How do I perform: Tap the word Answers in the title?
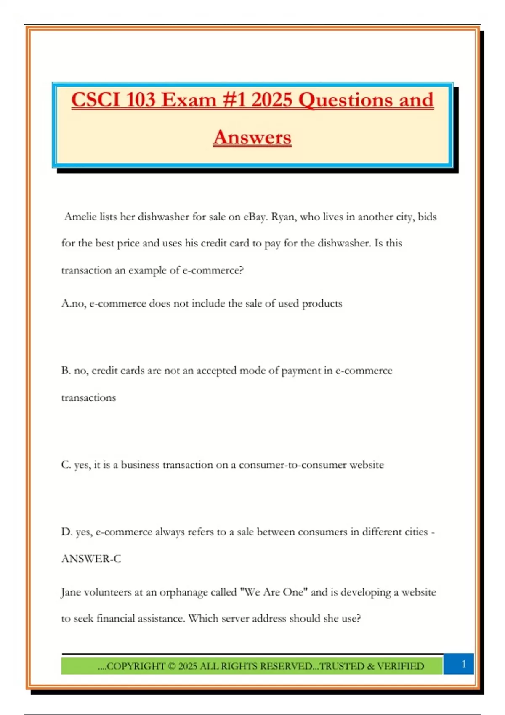coord(252,138)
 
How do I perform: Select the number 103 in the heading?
coord(141,100)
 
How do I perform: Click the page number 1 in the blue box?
coord(463,664)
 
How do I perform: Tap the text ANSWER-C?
coord(91,559)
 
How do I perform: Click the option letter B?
coord(66,371)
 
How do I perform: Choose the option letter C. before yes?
coord(66,465)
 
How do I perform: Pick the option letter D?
coord(66,532)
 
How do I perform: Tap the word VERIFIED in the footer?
coord(401,666)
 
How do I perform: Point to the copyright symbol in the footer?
coord(172,666)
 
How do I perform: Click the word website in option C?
coord(367,465)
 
